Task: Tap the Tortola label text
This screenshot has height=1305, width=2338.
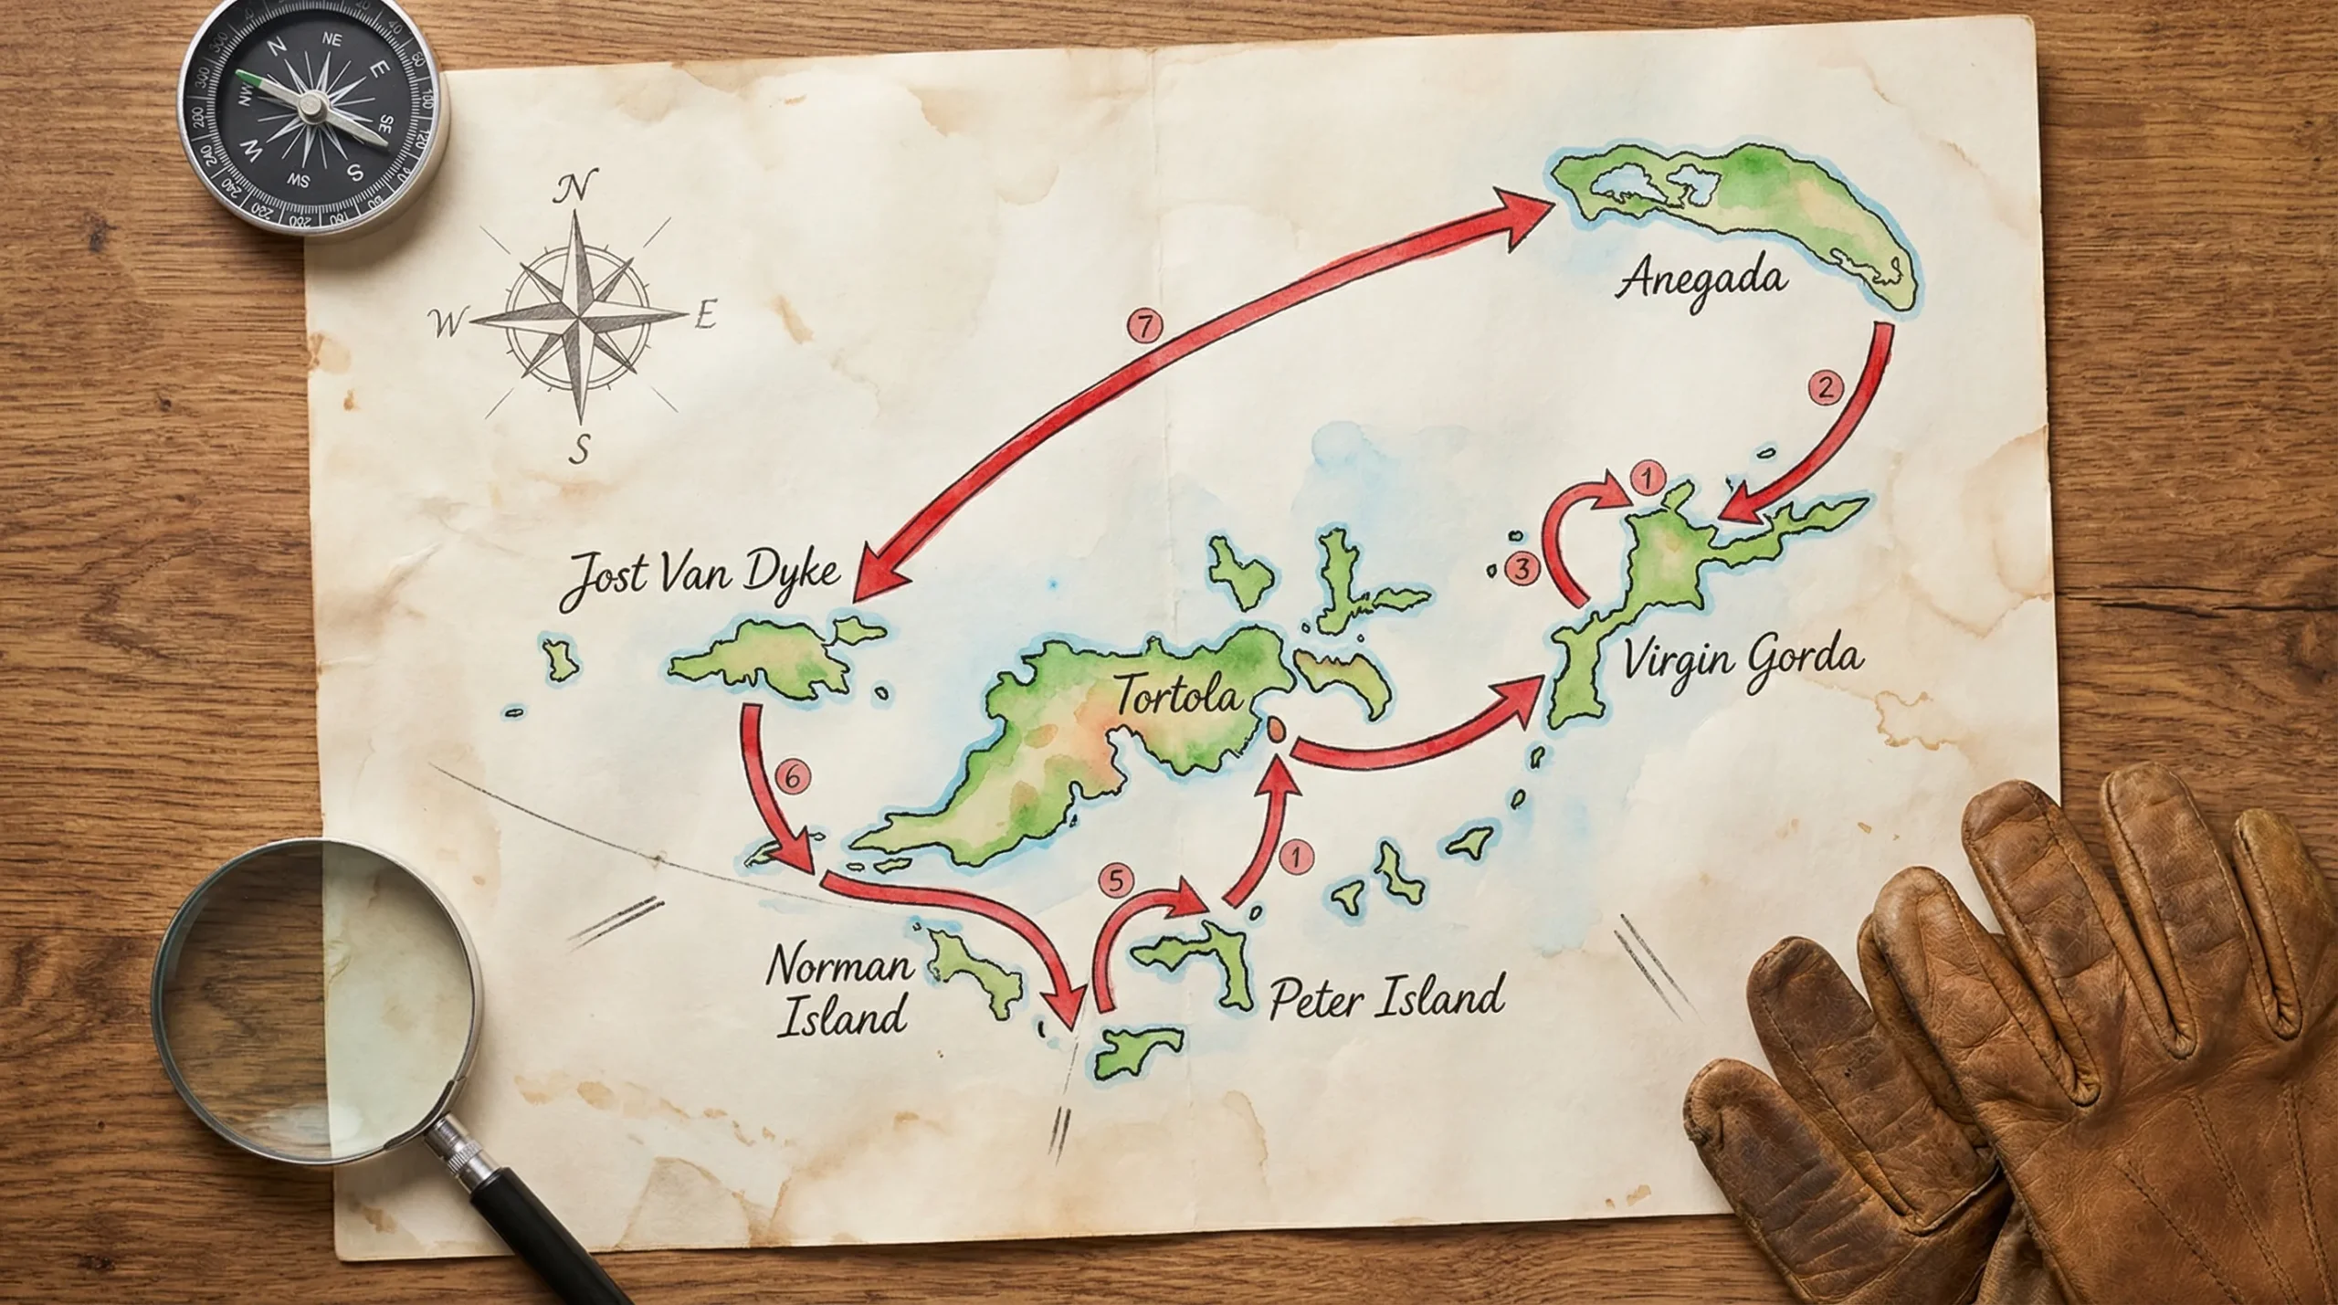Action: pos(1178,696)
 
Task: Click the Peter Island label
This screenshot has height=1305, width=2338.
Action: pos(1386,997)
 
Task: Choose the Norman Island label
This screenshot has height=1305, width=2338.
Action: pos(840,992)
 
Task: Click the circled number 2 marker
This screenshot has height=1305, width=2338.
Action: pos(1825,388)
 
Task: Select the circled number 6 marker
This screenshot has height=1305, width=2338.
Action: pos(792,777)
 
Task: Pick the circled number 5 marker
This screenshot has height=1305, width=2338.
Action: pos(1115,881)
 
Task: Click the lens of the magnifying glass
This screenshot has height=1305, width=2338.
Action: pos(315,1000)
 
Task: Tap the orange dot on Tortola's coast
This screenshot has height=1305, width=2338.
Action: pos(1276,729)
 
